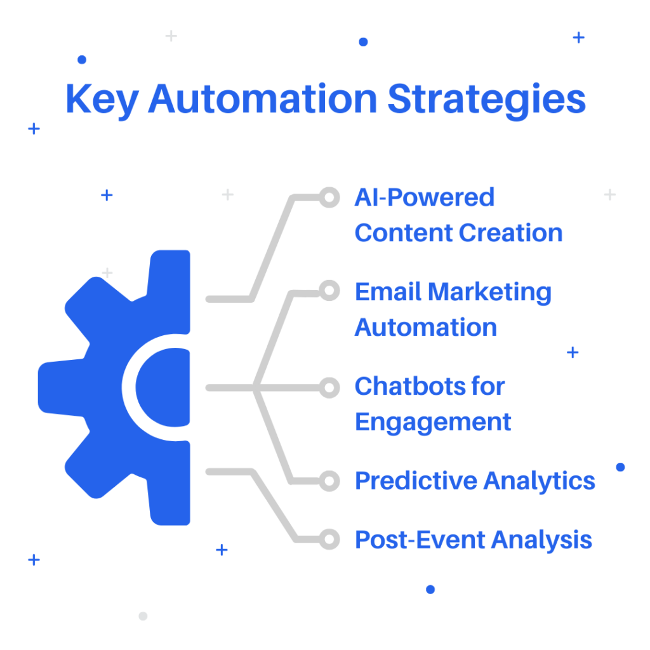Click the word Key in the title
[x=102, y=100]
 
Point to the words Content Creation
[x=458, y=232]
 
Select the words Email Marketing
[x=453, y=292]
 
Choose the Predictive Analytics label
[x=475, y=481]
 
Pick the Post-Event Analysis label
[x=474, y=540]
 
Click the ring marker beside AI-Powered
[x=329, y=197]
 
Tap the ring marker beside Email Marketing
[x=329, y=291]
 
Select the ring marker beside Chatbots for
[x=329, y=388]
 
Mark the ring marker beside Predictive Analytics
[x=329, y=481]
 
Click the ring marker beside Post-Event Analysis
[x=329, y=540]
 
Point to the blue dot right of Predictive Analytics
[x=621, y=467]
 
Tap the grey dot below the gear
[x=143, y=616]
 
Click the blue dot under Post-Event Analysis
[x=430, y=590]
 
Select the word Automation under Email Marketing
[x=426, y=328]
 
